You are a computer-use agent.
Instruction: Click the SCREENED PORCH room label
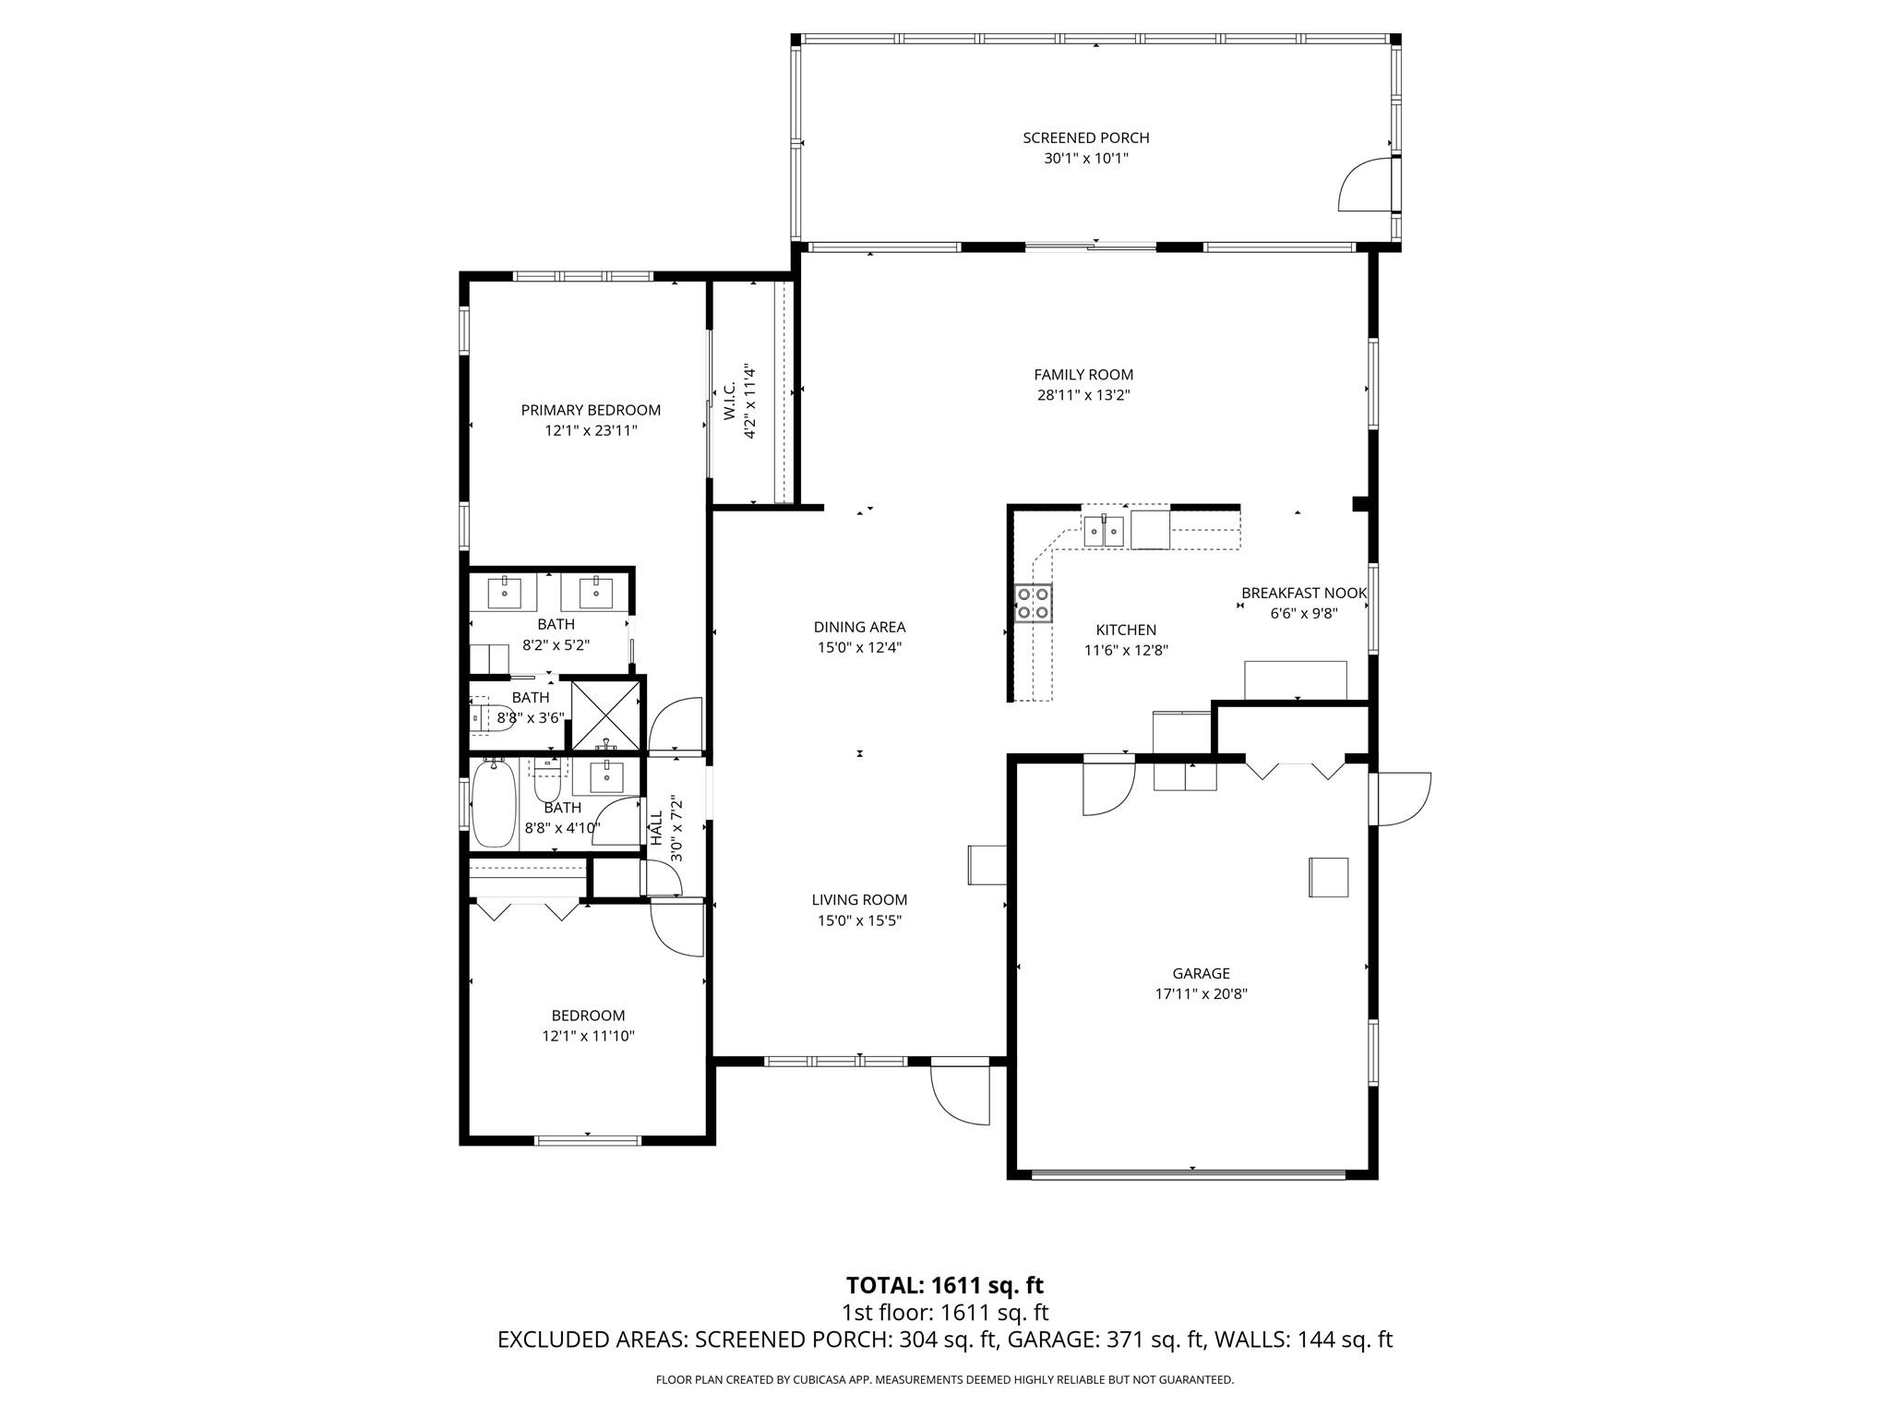coord(1085,138)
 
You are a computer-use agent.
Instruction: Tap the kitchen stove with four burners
coord(1033,603)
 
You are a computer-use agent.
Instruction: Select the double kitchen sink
coord(1103,531)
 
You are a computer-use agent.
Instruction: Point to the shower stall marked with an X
coord(605,715)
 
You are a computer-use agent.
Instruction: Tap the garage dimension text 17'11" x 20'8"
coord(1201,994)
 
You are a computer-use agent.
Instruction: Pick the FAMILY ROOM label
coord(1083,375)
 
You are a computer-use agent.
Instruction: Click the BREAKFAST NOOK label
coord(1303,593)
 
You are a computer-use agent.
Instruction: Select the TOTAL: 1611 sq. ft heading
coord(944,1285)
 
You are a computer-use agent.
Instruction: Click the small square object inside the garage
coord(1328,877)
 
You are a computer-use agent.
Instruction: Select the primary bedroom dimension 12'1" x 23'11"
coord(591,430)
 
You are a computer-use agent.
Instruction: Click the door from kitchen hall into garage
coord(1107,787)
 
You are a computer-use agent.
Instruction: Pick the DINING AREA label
coord(859,627)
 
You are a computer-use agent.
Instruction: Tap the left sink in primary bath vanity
coord(505,592)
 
